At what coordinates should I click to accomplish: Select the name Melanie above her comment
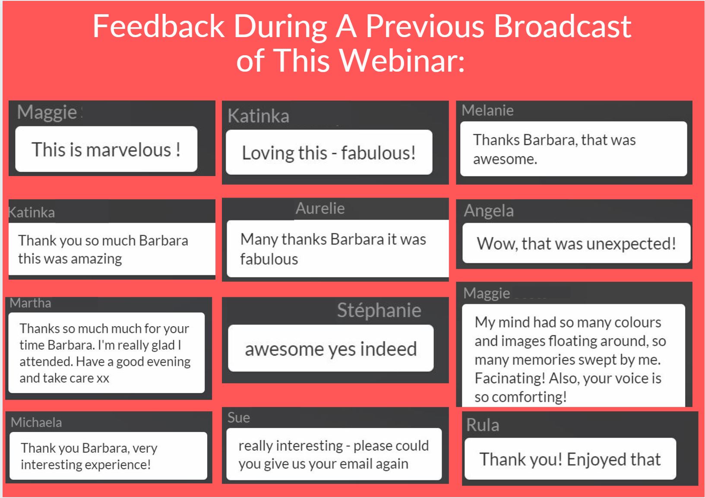click(x=487, y=110)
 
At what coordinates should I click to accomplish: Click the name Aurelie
click(x=320, y=208)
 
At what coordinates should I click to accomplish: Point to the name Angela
click(x=489, y=211)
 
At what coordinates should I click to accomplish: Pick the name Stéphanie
click(x=379, y=310)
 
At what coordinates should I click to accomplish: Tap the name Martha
click(x=30, y=303)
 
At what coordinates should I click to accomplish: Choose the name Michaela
click(x=36, y=422)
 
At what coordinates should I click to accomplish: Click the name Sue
click(x=239, y=418)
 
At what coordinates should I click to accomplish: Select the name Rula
click(x=483, y=425)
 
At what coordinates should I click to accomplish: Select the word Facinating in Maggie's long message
click(x=510, y=378)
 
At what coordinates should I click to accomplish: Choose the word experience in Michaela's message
click(x=118, y=465)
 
